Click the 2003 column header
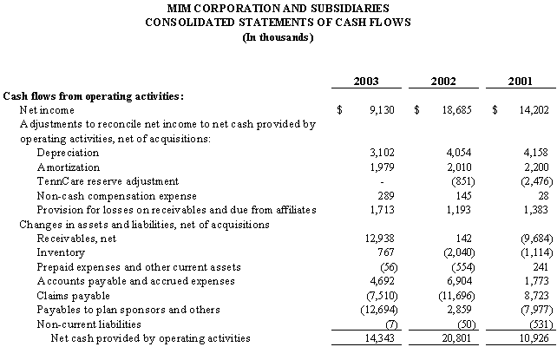(366, 82)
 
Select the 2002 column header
(443, 82)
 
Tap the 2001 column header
(520, 82)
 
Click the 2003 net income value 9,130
(382, 110)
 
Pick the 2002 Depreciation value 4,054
(459, 153)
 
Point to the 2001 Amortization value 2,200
(536, 167)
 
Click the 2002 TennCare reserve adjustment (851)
(463, 181)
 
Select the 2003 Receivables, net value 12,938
(380, 239)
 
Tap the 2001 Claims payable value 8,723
(536, 296)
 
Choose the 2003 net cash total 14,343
(380, 338)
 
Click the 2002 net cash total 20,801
(456, 338)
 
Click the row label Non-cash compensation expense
(117, 196)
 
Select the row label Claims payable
(73, 296)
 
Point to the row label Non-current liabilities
(88, 324)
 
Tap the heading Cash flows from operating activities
(94, 96)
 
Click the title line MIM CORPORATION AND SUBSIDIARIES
(278, 8)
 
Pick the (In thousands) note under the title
(278, 37)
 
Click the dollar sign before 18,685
(416, 110)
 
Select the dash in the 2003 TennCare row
(382, 182)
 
